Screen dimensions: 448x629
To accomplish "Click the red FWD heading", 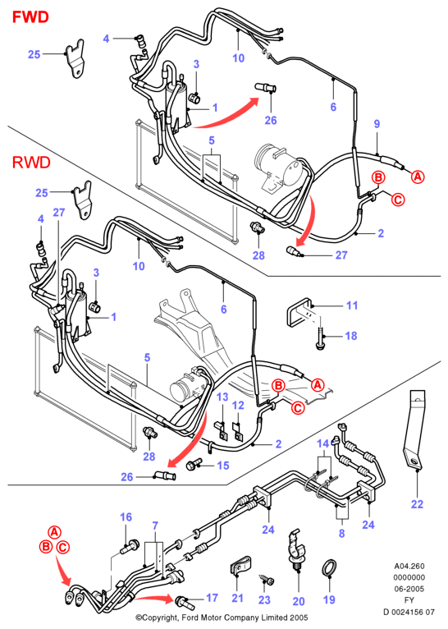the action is pos(30,17).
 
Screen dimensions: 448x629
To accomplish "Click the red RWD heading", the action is pos(31,163).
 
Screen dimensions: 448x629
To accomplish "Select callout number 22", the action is pos(417,504).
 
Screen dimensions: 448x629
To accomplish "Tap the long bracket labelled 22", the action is pos(414,429).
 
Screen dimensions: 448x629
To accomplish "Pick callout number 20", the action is pos(299,601).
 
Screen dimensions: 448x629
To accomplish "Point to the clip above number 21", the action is pos(240,565).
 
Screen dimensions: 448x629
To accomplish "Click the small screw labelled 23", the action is pos(267,579).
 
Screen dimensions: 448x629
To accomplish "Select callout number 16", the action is pos(126,517).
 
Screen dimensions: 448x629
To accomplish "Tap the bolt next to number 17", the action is pos(185,601).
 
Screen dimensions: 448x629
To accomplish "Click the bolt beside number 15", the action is pos(194,465).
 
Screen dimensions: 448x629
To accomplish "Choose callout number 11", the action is pos(352,305).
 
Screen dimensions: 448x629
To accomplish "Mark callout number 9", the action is pos(377,124).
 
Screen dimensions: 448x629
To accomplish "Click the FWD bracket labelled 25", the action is pos(75,58).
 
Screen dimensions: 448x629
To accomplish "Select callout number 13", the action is pos(222,397).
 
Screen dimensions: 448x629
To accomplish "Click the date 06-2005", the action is pos(409,589).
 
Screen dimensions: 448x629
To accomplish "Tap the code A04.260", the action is pos(409,566).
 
